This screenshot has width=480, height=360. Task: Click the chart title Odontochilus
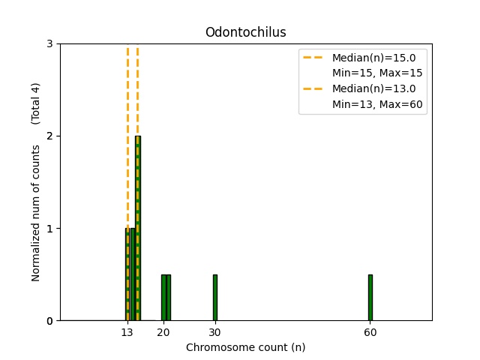(x=245, y=32)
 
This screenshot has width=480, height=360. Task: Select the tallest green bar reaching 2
(x=138, y=225)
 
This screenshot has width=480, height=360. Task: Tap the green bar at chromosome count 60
(x=370, y=298)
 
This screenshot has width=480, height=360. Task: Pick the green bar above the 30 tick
(x=214, y=298)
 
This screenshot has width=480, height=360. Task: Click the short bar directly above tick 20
(x=163, y=298)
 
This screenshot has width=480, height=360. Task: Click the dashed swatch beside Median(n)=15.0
(x=315, y=58)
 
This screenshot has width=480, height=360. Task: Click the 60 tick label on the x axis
(x=370, y=332)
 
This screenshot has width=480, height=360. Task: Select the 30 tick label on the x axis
(x=214, y=332)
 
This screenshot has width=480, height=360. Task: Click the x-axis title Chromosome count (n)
(x=245, y=347)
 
